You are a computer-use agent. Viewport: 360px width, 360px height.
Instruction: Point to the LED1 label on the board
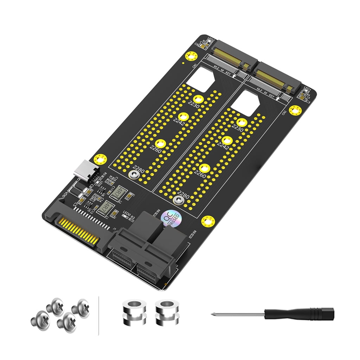(306, 89)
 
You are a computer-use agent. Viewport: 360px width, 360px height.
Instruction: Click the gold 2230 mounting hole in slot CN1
(198, 99)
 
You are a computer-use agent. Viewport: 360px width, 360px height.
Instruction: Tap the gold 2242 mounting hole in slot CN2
(228, 141)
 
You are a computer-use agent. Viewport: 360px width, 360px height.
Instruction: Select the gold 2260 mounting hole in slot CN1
(161, 143)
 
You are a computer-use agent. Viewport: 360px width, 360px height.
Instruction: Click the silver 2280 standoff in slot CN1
(133, 175)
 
